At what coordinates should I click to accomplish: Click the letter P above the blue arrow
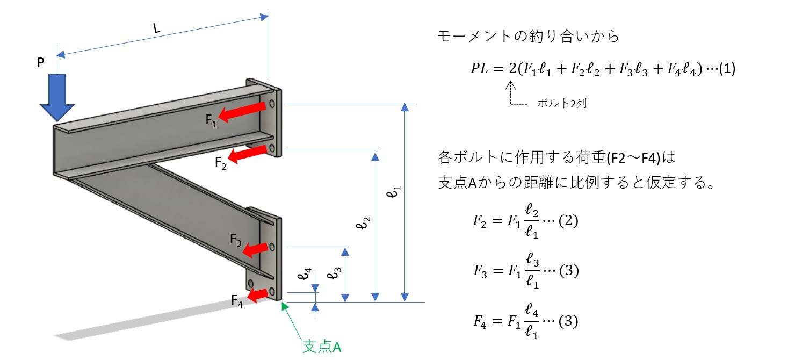(x=41, y=63)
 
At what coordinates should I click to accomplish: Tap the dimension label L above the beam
(x=156, y=28)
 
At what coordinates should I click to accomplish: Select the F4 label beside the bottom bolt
(x=237, y=300)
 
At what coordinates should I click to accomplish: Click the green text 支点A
(x=322, y=347)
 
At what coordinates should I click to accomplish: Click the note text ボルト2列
(x=561, y=104)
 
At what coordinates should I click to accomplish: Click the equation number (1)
(x=726, y=69)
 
